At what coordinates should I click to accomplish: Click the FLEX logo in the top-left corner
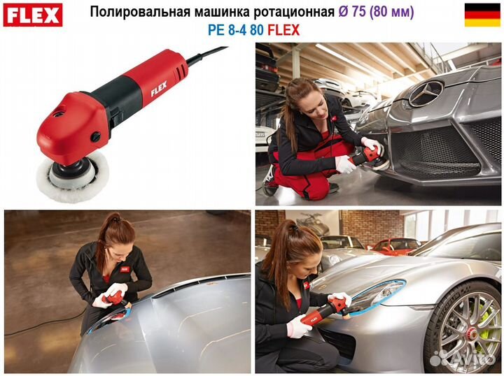(33, 14)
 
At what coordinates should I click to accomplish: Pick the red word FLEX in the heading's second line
(283, 30)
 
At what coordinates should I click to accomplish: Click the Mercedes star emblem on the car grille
(426, 93)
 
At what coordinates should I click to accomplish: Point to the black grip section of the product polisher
(119, 100)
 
